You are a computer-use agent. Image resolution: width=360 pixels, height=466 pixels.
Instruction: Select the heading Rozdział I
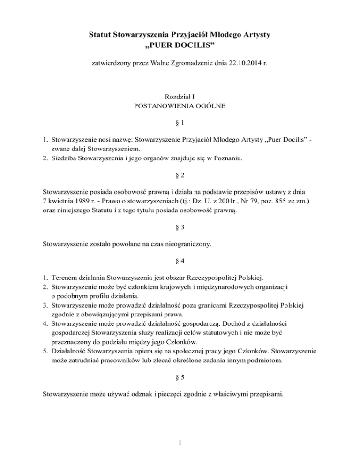coord(180,97)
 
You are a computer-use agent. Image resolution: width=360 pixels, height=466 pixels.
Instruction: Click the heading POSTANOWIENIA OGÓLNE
coord(180,107)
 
